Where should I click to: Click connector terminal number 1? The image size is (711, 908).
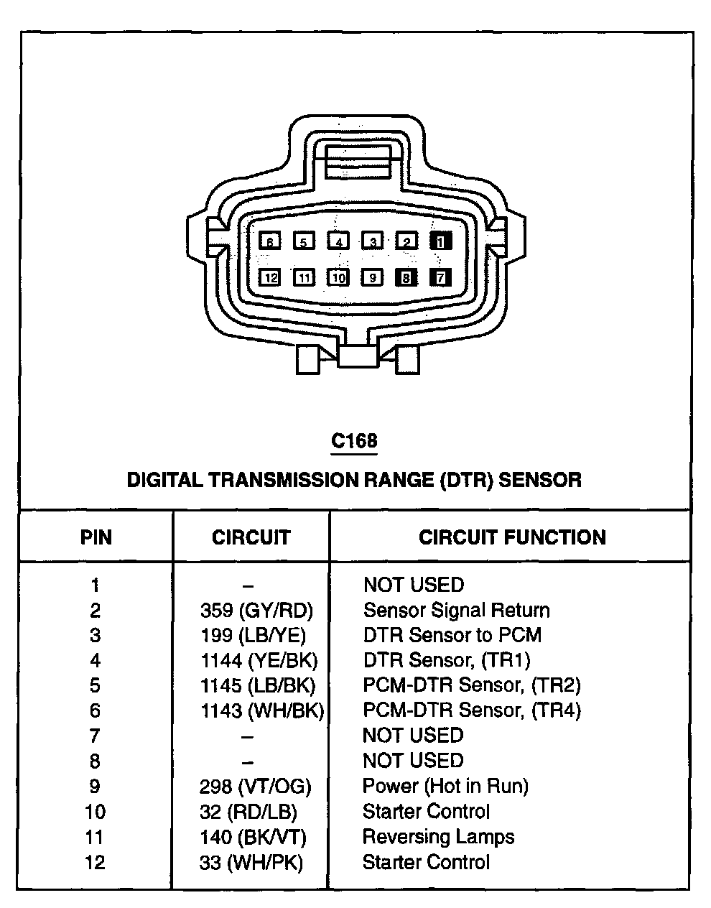click(x=440, y=241)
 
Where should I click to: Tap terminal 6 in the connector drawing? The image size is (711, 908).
click(x=269, y=241)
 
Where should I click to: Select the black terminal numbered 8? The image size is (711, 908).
click(x=406, y=277)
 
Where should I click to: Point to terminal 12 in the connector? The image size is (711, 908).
click(x=269, y=277)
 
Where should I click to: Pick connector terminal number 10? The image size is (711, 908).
click(x=338, y=277)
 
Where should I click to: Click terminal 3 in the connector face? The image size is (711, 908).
click(x=372, y=241)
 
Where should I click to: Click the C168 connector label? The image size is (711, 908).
click(x=354, y=440)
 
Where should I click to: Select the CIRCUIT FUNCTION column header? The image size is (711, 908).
click(x=512, y=537)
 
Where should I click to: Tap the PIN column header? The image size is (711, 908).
click(x=96, y=537)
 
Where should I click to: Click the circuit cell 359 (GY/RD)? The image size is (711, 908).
click(x=256, y=611)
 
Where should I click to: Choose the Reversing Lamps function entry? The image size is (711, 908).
click(x=438, y=837)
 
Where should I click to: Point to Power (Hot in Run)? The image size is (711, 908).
click(x=445, y=786)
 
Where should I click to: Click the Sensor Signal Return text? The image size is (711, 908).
click(x=456, y=611)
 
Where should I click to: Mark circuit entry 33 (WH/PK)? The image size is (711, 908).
click(x=251, y=862)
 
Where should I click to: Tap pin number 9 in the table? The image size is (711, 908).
click(x=96, y=787)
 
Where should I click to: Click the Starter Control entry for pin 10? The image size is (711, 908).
click(x=426, y=812)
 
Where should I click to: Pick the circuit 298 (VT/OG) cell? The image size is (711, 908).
click(x=255, y=787)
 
